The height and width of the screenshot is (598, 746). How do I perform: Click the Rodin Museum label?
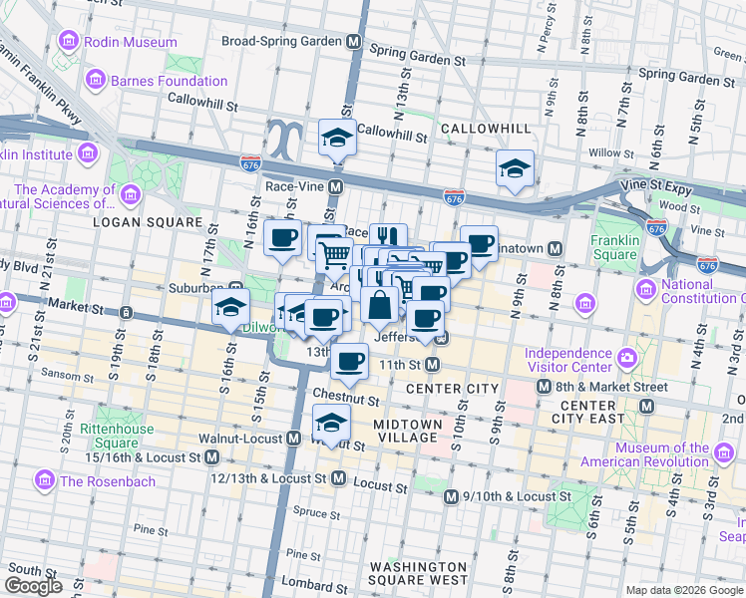[130, 42]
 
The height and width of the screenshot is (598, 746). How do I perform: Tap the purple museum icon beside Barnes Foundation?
[97, 79]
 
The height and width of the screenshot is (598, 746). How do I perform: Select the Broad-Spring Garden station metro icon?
[353, 42]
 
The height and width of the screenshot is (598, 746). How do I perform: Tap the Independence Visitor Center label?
[568, 360]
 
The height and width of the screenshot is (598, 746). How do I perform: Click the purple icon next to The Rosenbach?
[44, 481]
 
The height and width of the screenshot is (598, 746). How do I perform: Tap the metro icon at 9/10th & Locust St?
[451, 495]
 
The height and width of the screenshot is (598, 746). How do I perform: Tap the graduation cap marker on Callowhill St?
[337, 138]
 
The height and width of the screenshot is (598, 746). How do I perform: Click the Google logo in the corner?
[34, 586]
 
